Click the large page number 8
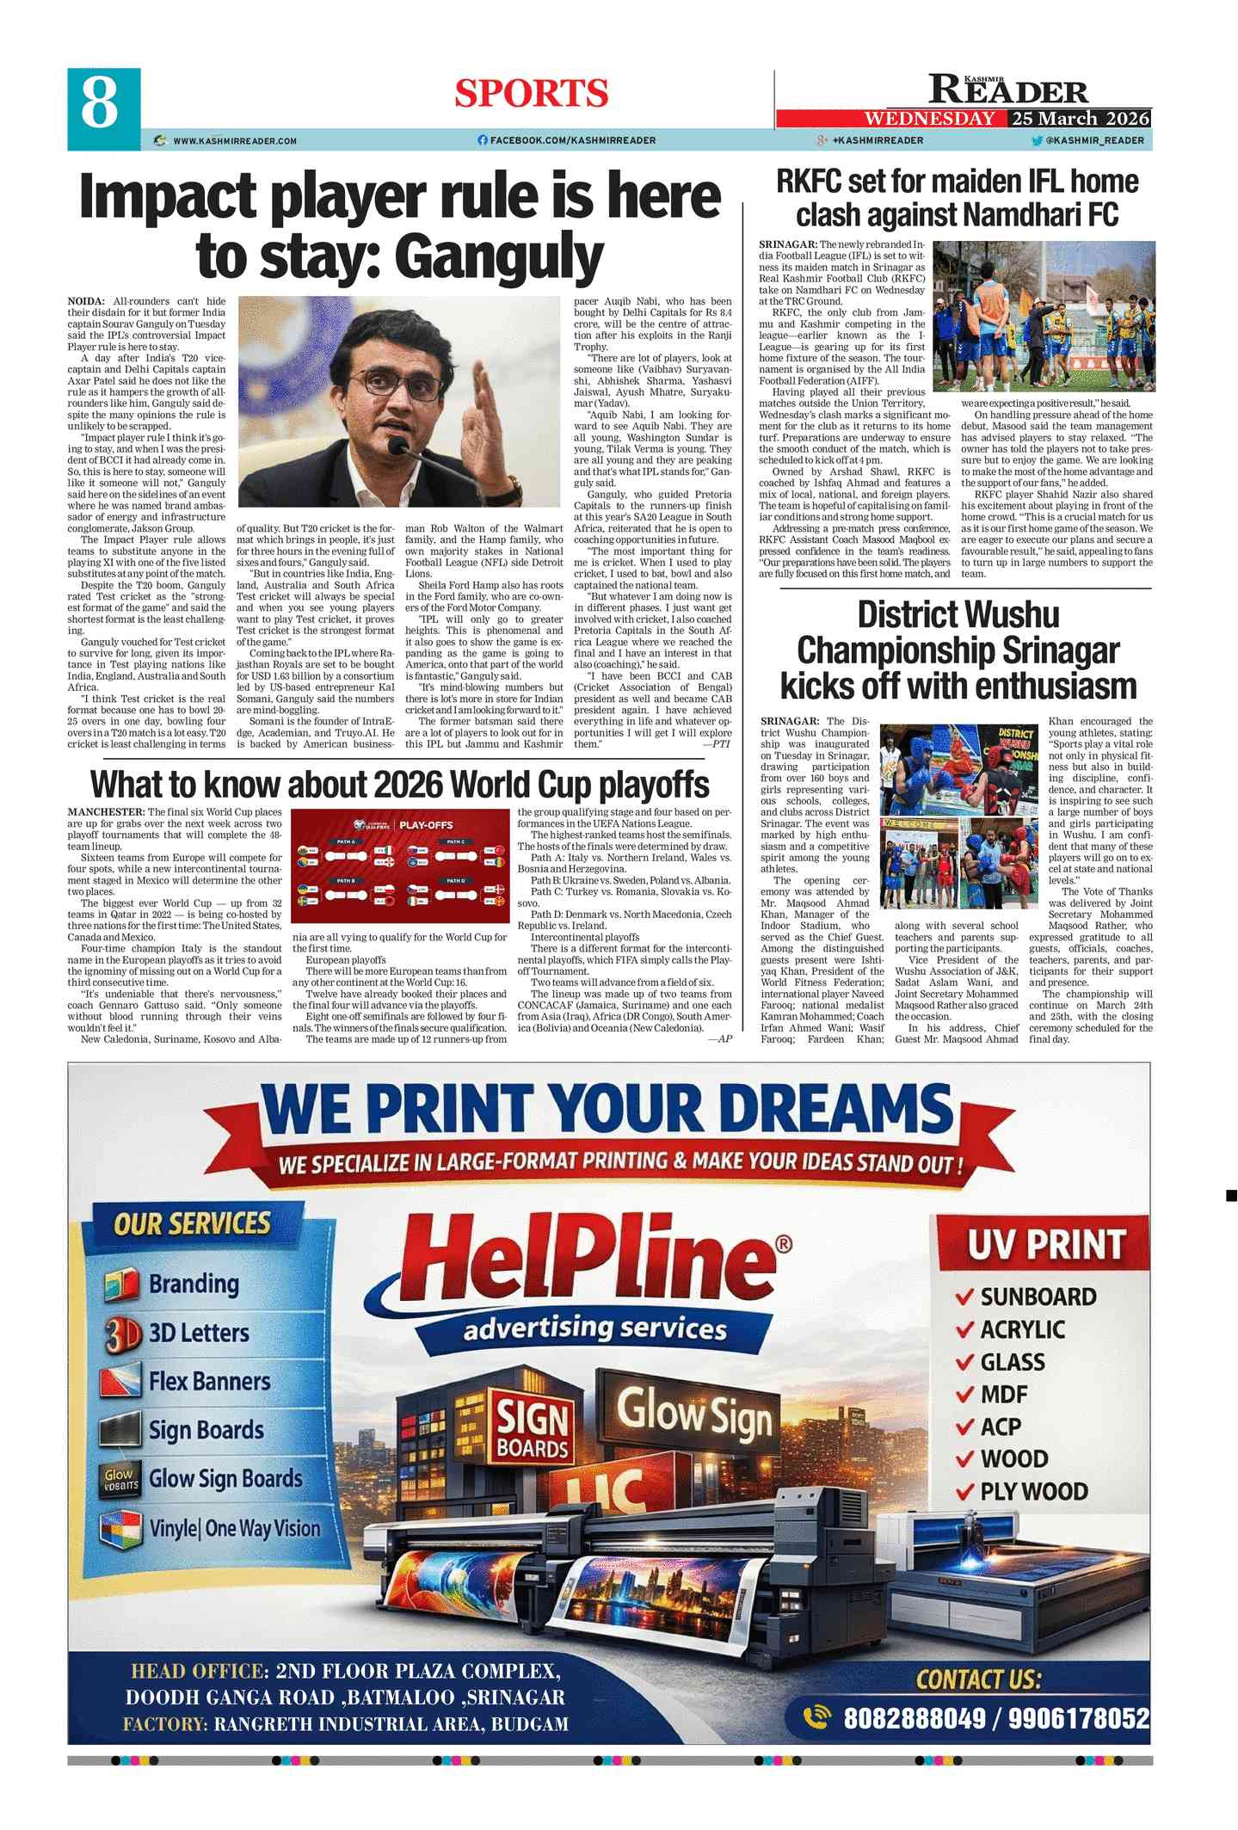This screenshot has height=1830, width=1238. coord(101,106)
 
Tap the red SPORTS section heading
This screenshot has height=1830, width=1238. coord(531,93)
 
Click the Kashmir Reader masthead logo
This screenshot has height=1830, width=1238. coord(1007,89)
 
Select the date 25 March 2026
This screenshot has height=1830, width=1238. coord(1080,119)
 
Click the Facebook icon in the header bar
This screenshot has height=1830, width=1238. coord(483,140)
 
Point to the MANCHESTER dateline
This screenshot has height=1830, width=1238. coord(106,812)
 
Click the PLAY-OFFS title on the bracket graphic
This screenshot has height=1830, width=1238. coord(426,825)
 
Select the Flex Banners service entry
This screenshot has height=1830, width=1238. coord(209,1381)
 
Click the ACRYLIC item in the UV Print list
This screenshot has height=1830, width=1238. coord(1022,1330)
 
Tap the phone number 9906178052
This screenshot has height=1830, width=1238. coord(1079,1720)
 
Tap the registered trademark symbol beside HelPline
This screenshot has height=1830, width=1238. coord(783,1244)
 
